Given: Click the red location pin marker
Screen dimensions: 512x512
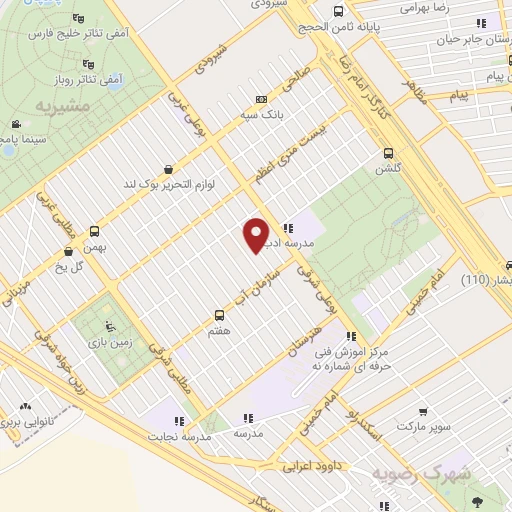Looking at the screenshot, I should (x=256, y=234).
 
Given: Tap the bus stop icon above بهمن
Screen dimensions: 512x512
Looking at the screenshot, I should (x=94, y=231).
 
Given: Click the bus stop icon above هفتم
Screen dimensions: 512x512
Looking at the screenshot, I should (x=219, y=313).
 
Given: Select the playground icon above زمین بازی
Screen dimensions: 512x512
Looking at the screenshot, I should (x=111, y=327).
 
